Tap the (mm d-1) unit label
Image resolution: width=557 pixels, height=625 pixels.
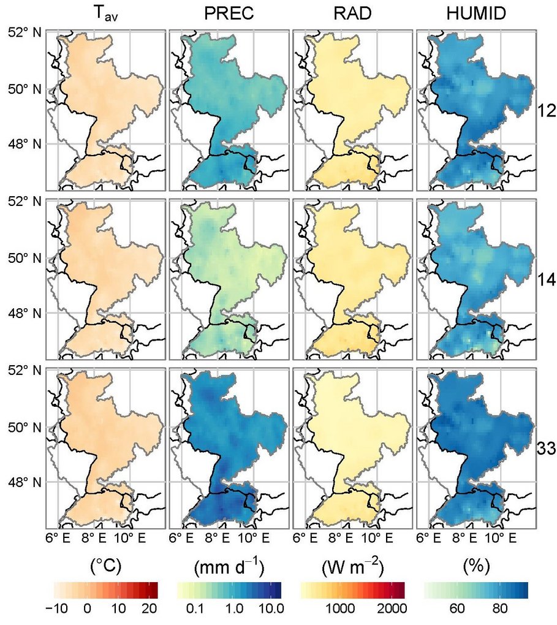pyautogui.click(x=229, y=568)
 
